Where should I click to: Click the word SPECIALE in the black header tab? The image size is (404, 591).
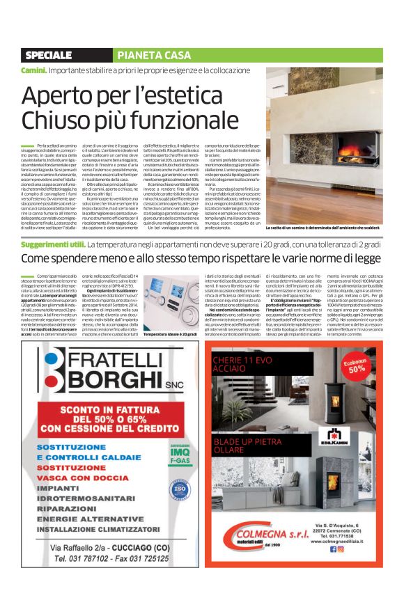(48, 55)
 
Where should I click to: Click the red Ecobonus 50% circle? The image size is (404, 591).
(357, 365)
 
